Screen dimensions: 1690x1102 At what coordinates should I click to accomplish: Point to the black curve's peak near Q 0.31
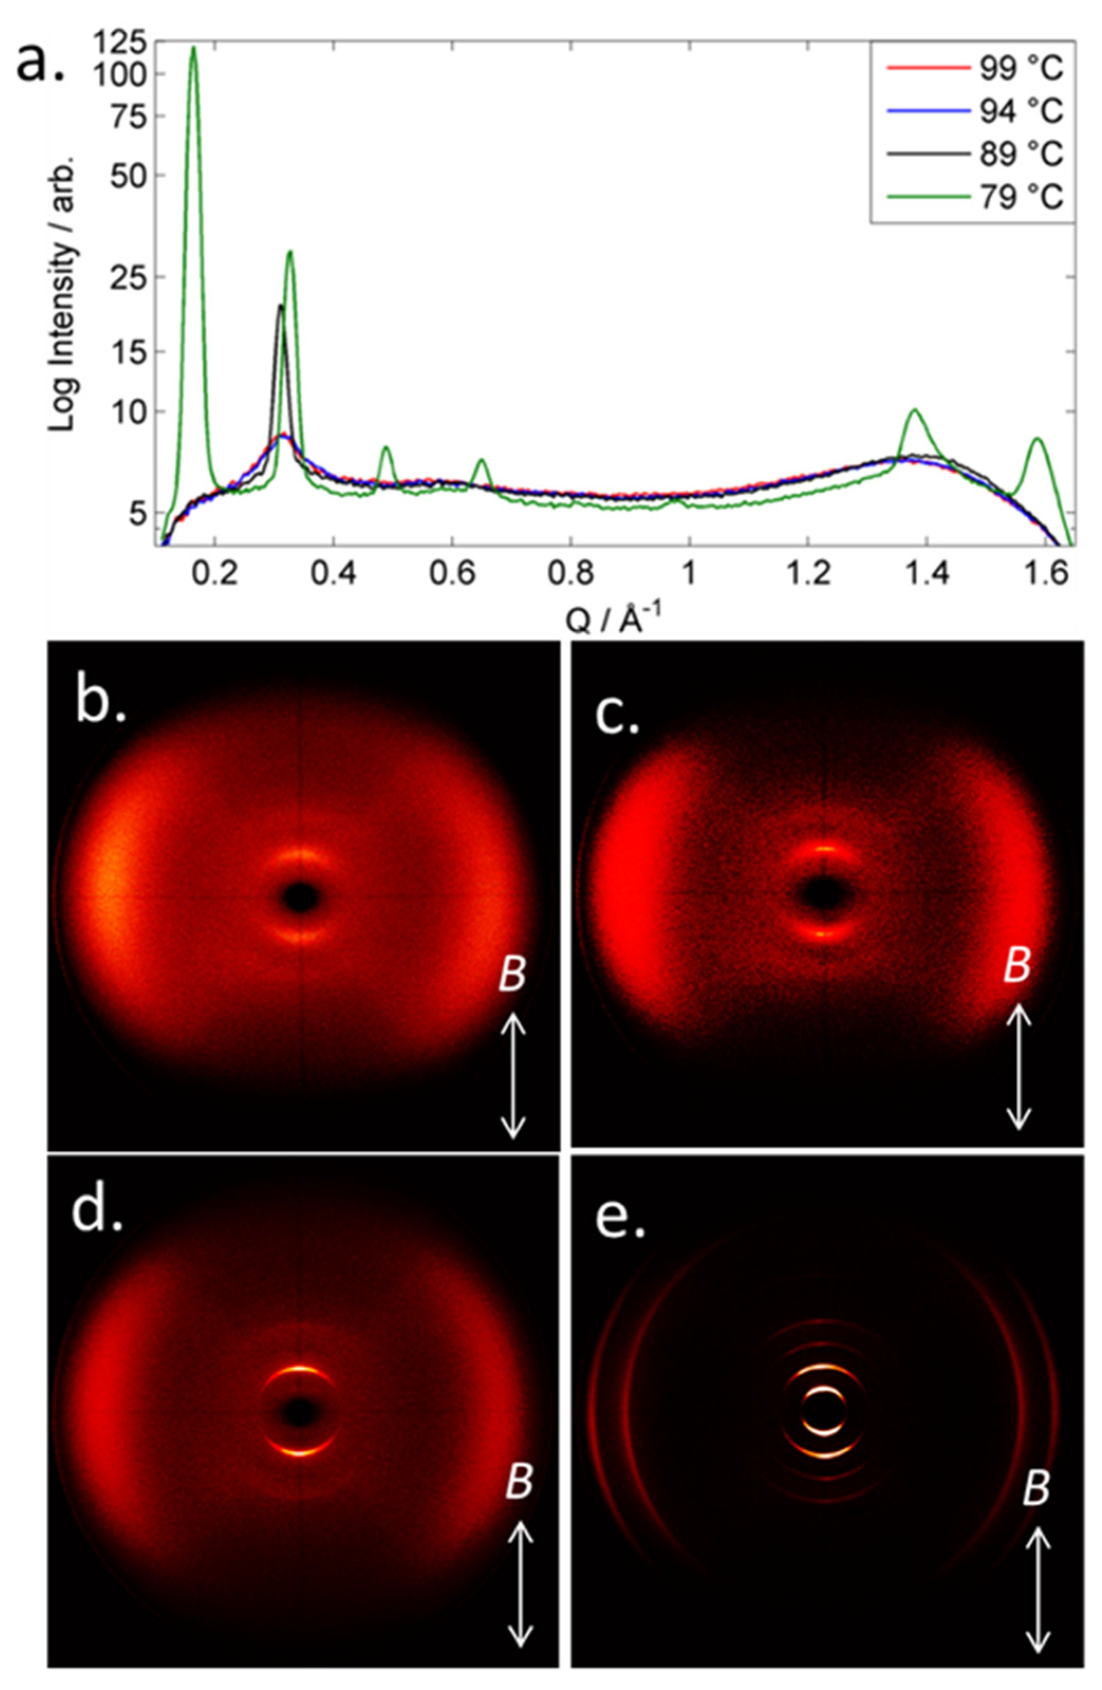(x=281, y=306)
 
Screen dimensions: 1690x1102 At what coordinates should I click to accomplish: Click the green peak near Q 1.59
(x=1038, y=439)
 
